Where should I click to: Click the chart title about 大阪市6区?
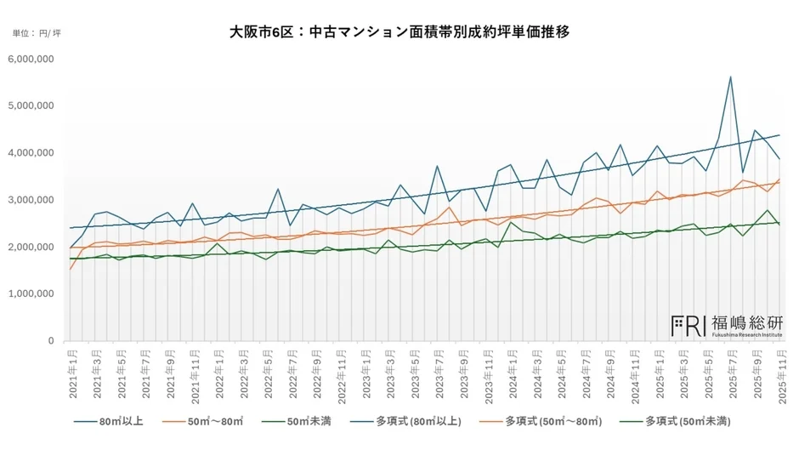tap(399, 32)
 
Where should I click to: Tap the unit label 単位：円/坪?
tap(37, 33)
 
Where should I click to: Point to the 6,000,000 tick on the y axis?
tap(31, 59)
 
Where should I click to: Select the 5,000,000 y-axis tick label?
tap(31, 106)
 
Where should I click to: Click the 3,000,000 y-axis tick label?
tap(31, 200)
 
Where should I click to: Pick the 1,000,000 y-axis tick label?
tap(31, 294)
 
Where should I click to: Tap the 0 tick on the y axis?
tap(51, 341)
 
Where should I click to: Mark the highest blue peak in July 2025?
tap(730, 77)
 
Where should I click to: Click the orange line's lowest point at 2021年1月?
tap(71, 270)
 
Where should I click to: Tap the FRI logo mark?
tap(689, 324)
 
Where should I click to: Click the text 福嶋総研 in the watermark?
tap(748, 322)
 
